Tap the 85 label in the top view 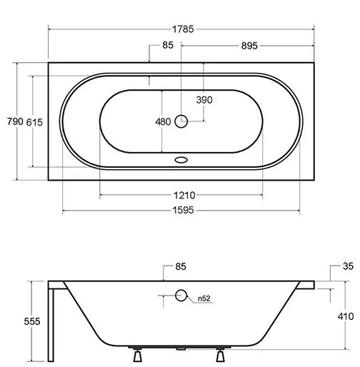tap(169, 46)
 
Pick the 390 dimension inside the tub tap(205, 99)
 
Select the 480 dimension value tap(163, 122)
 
